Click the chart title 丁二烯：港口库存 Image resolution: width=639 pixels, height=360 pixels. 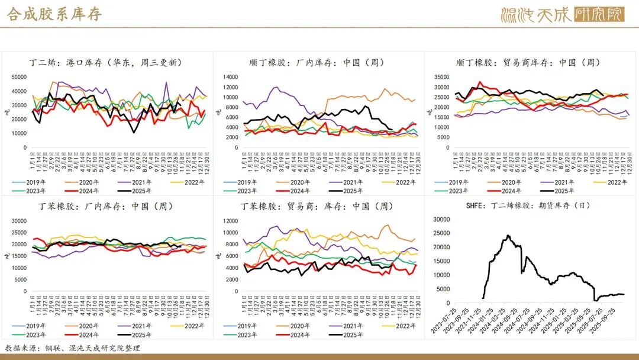[x=106, y=62]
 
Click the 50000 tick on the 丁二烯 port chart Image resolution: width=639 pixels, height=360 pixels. [x=20, y=77]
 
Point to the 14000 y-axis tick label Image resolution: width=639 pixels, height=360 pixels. [x=231, y=77]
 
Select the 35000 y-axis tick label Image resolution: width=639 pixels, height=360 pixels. [x=442, y=77]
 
